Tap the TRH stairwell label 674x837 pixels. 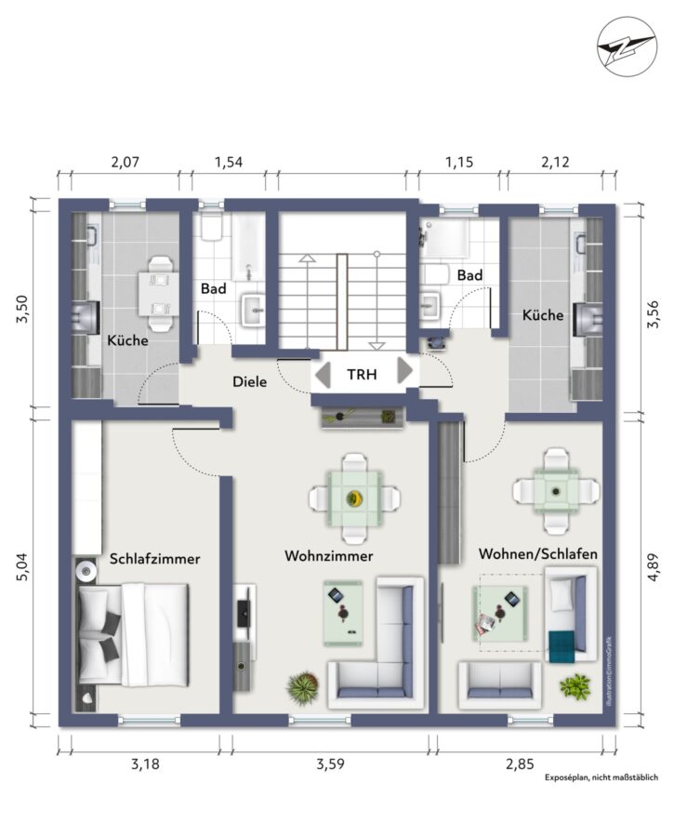(x=362, y=374)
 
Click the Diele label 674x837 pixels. (x=250, y=381)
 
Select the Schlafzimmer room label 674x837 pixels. (x=154, y=559)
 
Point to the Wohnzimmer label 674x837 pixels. (x=329, y=556)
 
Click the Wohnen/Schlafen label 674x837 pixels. (x=538, y=553)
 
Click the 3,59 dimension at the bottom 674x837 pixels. (x=330, y=764)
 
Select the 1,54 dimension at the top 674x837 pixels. (x=229, y=162)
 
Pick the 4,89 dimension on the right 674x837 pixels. (x=654, y=568)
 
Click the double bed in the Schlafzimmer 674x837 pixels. (x=134, y=634)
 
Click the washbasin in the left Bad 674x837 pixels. (x=253, y=309)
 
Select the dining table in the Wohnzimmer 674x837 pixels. (x=354, y=499)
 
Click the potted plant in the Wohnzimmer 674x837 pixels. (x=303, y=687)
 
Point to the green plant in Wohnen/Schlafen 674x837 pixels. (x=575, y=686)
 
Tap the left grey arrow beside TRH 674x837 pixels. (x=323, y=374)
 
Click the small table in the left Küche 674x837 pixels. (x=159, y=294)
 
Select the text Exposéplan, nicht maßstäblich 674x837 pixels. (x=601, y=777)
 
